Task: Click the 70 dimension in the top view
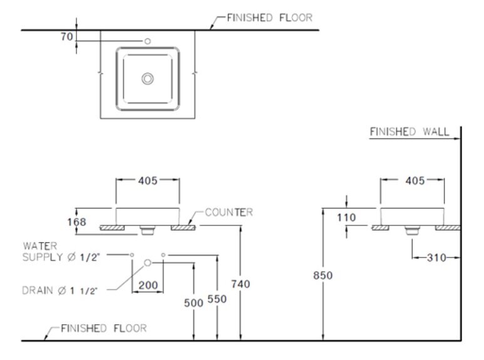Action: (66, 37)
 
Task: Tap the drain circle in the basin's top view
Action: (148, 78)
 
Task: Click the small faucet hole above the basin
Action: (148, 41)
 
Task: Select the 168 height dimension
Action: (86, 222)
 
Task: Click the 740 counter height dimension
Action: (241, 284)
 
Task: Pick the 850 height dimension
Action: (324, 275)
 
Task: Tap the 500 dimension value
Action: (195, 302)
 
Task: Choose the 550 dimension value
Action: (217, 300)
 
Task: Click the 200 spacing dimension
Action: (148, 285)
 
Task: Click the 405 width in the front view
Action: (148, 181)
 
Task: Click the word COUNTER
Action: (229, 213)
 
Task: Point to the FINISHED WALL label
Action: (409, 132)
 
